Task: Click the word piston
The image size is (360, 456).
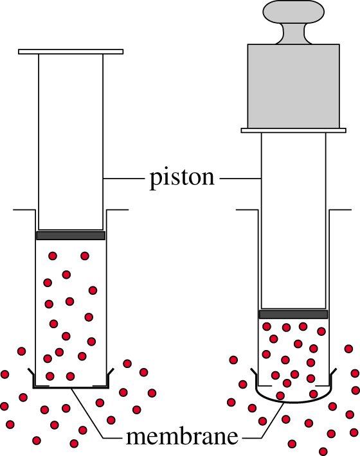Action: click(x=182, y=178)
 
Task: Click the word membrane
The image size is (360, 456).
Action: click(x=182, y=437)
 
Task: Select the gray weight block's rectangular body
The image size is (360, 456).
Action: click(x=293, y=86)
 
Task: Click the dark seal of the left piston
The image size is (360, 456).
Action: click(x=71, y=236)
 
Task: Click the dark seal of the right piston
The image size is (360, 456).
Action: click(x=293, y=314)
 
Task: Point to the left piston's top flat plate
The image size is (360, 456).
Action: click(x=71, y=52)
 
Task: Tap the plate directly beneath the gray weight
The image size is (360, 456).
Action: click(x=293, y=130)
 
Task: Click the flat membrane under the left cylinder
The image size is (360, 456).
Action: click(x=71, y=387)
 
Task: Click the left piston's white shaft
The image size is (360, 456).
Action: click(x=71, y=142)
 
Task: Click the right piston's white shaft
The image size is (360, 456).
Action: click(x=293, y=220)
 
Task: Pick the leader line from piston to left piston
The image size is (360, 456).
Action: click(x=124, y=179)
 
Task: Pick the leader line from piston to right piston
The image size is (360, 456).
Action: click(x=240, y=179)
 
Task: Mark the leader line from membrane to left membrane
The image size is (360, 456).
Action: click(x=96, y=413)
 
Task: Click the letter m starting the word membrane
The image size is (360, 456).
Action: click(x=136, y=438)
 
